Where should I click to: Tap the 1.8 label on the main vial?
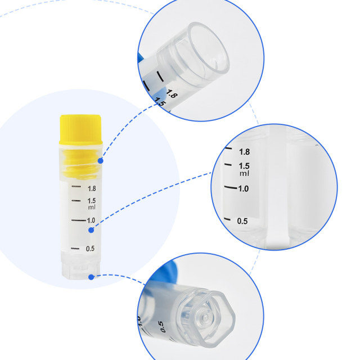pyautogui.click(x=91, y=188)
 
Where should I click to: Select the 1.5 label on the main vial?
pyautogui.click(x=91, y=201)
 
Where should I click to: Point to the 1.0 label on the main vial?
pyautogui.click(x=91, y=220)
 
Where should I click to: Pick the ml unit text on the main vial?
pyautogui.click(x=92, y=207)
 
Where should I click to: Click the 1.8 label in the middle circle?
pyautogui.click(x=244, y=152)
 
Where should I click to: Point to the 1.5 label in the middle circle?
pyautogui.click(x=244, y=166)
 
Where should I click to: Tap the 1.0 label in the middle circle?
pyautogui.click(x=243, y=188)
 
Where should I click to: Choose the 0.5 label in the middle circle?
pyautogui.click(x=242, y=221)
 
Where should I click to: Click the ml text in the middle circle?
pyautogui.click(x=244, y=173)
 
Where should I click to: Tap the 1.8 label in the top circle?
pyautogui.click(x=172, y=95)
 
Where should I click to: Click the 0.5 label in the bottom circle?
pyautogui.click(x=161, y=327)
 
